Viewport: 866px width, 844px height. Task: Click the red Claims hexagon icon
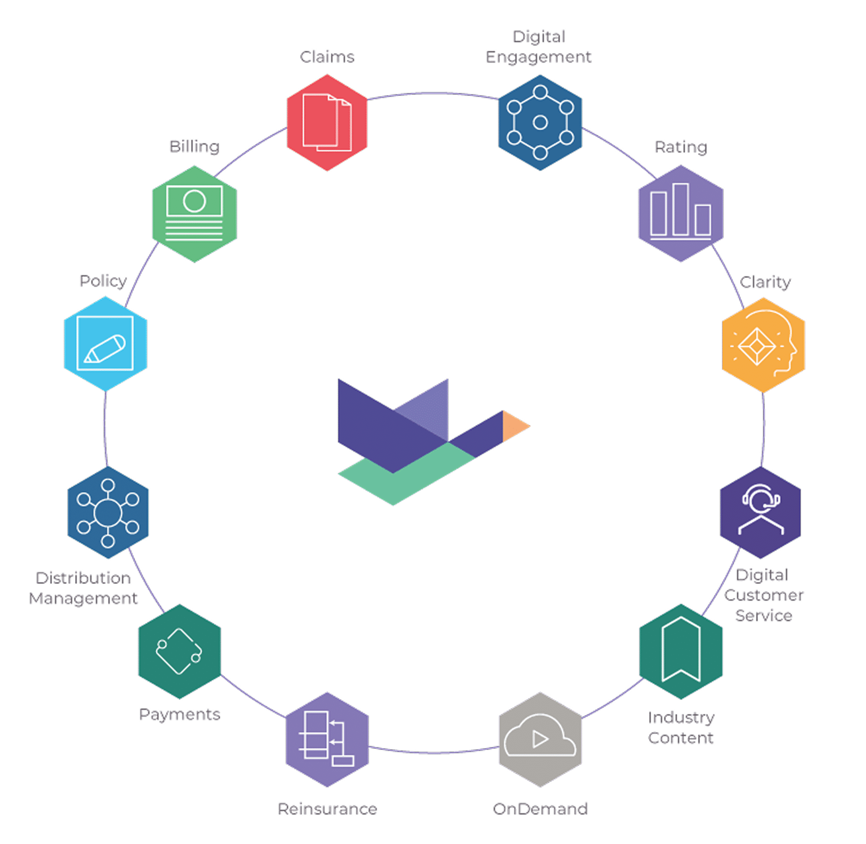tap(327, 122)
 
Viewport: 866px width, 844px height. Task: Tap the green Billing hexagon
tap(194, 214)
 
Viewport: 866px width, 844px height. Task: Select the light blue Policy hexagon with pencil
tap(105, 343)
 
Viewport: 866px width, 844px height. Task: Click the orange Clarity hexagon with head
tap(763, 344)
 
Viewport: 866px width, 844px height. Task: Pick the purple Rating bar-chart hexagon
tap(680, 214)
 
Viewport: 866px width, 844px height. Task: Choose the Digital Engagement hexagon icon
tap(540, 122)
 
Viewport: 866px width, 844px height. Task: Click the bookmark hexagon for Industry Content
tap(681, 651)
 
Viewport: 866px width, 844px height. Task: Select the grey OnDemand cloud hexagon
tap(540, 739)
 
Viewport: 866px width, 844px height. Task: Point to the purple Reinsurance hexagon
tap(327, 739)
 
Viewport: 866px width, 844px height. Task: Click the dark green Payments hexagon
tap(179, 651)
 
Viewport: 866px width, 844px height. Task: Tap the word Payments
tap(179, 714)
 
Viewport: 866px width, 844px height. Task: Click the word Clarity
tap(765, 282)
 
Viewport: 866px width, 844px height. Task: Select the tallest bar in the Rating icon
tap(680, 209)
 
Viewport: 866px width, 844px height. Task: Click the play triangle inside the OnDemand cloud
tap(540, 739)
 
